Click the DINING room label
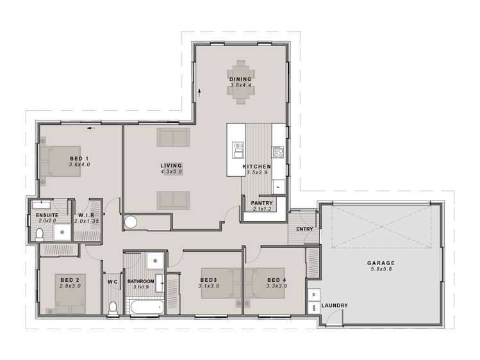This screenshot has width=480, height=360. point(240,79)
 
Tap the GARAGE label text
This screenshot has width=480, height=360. point(381,263)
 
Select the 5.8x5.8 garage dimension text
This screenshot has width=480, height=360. point(381,269)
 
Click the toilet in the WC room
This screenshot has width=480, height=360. point(113,308)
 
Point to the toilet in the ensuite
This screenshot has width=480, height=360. point(40,234)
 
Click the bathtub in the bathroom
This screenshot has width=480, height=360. point(147,307)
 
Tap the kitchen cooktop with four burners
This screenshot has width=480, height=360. point(278,152)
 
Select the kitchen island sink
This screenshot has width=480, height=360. point(238,150)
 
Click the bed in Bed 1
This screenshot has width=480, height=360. point(61,161)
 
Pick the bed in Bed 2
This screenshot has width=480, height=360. point(70,293)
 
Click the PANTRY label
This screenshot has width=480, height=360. point(261,203)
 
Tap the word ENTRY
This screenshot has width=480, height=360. point(304,229)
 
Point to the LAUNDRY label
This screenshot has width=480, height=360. point(335,306)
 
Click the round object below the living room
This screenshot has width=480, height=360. point(131,222)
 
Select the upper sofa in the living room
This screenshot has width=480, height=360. point(173,137)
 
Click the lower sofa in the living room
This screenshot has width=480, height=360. point(173,200)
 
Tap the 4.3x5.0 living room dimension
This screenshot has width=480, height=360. point(172,172)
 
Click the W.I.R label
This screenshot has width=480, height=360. point(86,215)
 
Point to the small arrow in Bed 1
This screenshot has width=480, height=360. point(90,129)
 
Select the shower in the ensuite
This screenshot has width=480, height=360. point(62,232)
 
